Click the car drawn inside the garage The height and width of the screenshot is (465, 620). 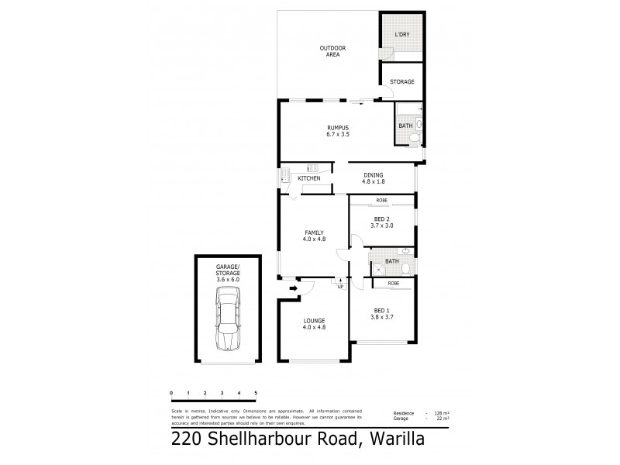229,319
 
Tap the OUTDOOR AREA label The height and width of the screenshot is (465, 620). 332,52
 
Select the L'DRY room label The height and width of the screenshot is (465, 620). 401,36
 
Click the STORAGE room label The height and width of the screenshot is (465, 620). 401,81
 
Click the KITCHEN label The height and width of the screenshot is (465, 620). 309,179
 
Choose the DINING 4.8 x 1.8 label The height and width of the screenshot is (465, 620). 374,178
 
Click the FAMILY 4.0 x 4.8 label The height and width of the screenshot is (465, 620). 314,236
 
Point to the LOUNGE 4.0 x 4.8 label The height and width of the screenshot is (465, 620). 314,324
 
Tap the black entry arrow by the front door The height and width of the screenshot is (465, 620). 293,290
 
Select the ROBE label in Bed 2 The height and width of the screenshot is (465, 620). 381,201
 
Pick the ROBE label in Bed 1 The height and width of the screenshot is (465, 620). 393,284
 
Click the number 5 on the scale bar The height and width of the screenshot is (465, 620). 255,394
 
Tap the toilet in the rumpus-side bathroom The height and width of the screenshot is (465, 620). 415,138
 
